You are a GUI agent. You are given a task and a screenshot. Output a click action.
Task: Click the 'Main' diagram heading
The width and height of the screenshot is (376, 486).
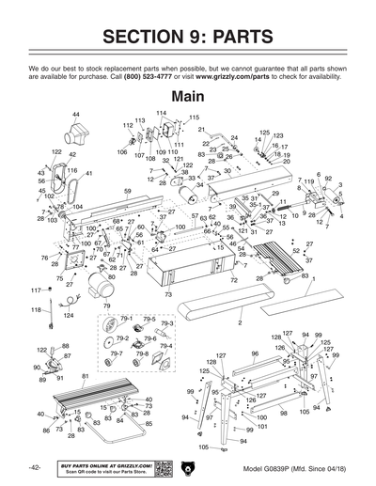click(x=188, y=96)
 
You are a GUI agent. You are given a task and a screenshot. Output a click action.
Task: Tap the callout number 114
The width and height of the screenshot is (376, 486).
click(x=161, y=113)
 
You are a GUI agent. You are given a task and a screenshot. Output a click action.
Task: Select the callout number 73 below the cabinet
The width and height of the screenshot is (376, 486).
click(x=168, y=295)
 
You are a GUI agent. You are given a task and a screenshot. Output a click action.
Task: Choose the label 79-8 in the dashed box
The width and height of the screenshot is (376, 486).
click(x=143, y=354)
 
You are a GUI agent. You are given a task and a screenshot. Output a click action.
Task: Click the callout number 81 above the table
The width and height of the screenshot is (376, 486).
click(x=86, y=376)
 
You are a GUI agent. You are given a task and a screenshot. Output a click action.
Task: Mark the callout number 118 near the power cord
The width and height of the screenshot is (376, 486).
click(x=36, y=309)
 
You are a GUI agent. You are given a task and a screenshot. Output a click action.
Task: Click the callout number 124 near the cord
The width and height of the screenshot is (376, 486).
click(x=68, y=316)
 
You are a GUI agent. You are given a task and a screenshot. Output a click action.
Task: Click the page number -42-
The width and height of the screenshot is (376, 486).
click(x=34, y=467)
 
